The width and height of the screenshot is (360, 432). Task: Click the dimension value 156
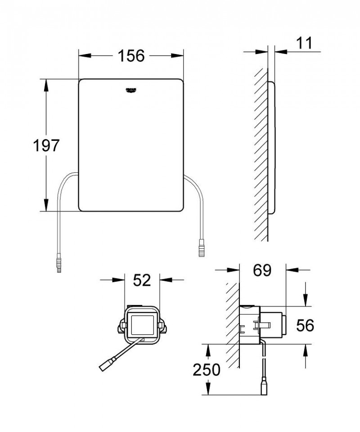pos(131,56)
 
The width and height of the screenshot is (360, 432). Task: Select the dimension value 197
pos(46,145)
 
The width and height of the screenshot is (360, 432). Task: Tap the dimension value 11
pos(304,43)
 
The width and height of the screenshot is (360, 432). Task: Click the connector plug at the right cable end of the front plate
pos(201,249)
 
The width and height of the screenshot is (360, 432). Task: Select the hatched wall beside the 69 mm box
pos(233,324)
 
